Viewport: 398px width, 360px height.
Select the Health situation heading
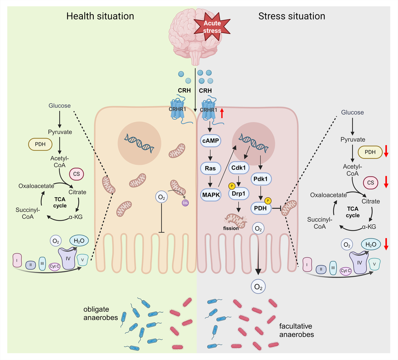100,16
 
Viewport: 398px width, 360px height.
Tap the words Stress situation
292,16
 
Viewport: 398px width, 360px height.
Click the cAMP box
210,141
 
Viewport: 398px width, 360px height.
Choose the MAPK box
210,194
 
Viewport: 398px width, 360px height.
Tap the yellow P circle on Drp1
232,185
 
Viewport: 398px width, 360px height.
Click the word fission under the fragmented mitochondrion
232,228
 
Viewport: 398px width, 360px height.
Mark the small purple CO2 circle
185,202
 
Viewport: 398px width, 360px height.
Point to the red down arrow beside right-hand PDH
386,151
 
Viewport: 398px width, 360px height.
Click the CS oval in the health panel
76,174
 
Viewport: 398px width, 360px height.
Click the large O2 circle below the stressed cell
258,287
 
